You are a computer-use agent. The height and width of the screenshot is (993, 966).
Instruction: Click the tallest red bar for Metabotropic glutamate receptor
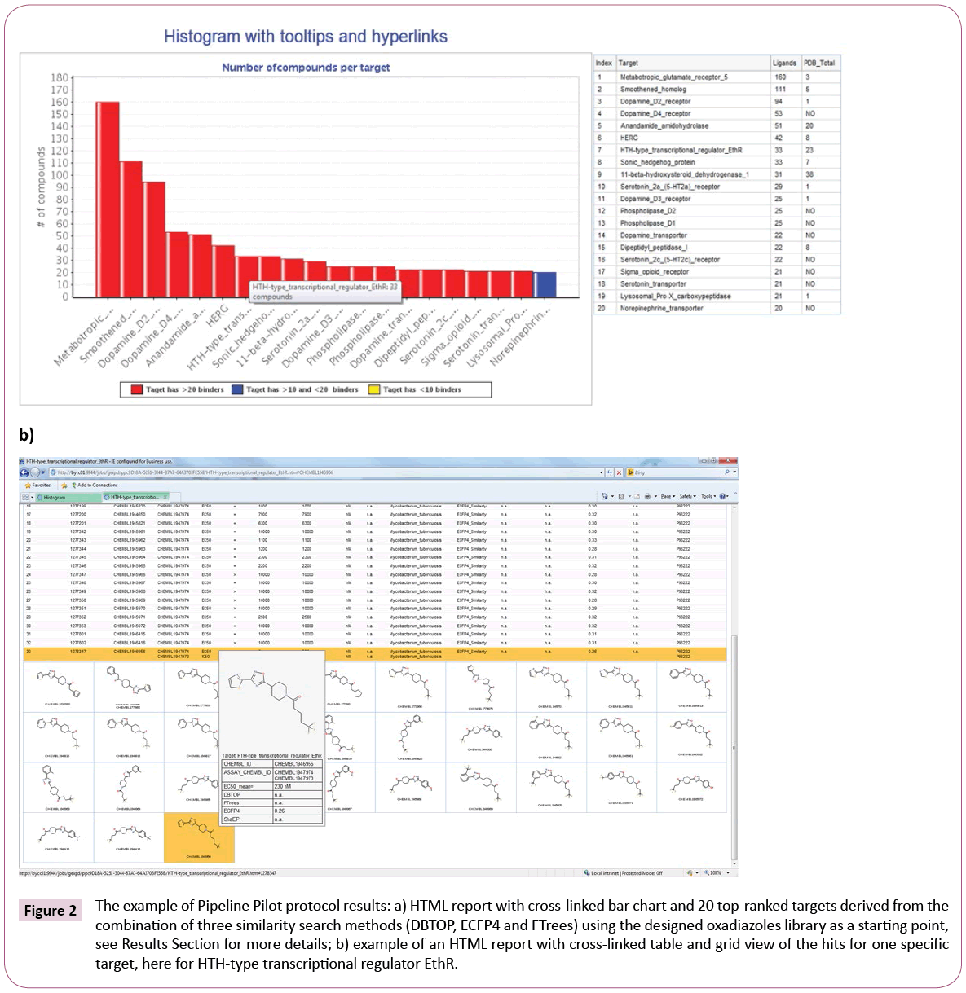[108, 200]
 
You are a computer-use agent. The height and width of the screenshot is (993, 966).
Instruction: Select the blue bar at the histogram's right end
[545, 284]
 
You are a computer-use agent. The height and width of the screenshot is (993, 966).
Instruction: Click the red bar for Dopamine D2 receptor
[154, 239]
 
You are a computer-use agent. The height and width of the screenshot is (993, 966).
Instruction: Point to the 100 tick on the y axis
[60, 175]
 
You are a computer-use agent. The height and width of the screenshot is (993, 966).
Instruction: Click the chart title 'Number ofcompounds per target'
[306, 68]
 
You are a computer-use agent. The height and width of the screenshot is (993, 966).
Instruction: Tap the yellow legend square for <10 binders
[374, 389]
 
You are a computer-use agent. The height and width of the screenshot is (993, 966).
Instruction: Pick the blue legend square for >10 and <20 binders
[237, 389]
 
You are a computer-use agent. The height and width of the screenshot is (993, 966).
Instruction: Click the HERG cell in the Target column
[629, 138]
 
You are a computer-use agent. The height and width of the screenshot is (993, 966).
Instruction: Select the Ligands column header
[783, 63]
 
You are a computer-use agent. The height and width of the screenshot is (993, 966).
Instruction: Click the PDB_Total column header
[818, 63]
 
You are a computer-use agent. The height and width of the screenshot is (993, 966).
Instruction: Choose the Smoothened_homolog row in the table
[653, 90]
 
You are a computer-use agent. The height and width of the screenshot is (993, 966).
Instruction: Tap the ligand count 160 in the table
[780, 77]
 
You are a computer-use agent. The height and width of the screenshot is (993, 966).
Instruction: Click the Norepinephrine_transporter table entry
[661, 309]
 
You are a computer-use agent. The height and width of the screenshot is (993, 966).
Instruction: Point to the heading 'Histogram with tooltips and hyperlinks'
[306, 37]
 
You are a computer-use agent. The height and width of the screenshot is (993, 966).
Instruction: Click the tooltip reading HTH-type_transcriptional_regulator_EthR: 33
[324, 292]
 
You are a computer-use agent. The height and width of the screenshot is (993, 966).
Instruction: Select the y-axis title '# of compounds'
[40, 187]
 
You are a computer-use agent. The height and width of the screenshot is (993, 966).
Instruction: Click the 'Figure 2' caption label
[51, 911]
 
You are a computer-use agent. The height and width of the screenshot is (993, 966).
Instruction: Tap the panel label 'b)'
[27, 434]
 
